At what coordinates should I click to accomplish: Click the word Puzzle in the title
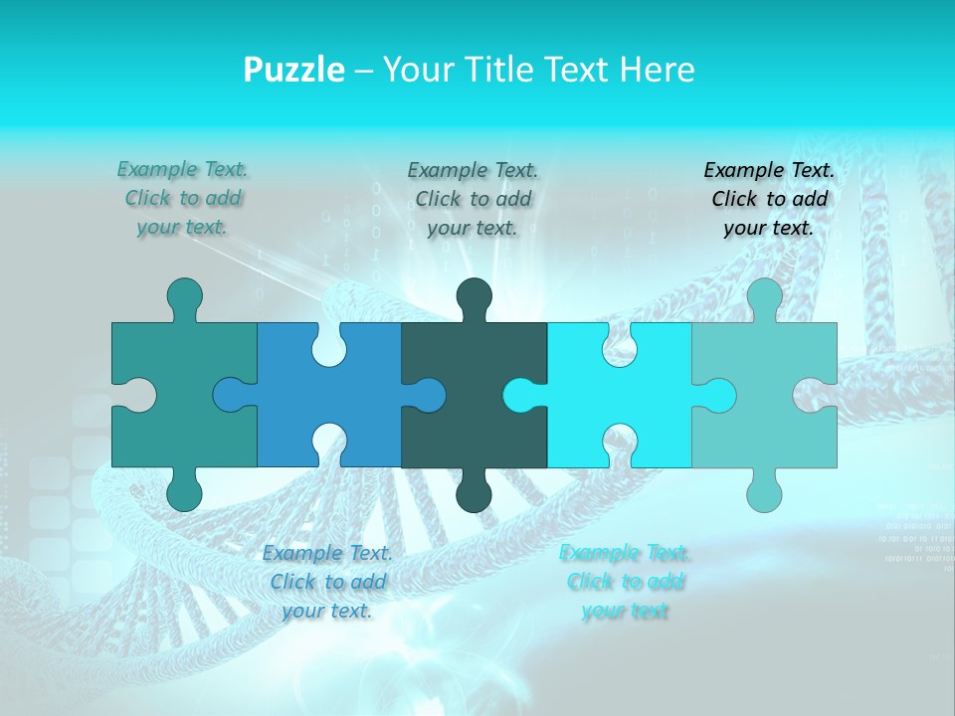click(x=294, y=70)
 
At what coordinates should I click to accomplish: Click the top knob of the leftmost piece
click(x=184, y=296)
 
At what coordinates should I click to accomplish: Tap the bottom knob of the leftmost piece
click(x=184, y=493)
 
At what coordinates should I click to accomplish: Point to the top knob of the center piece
click(x=475, y=296)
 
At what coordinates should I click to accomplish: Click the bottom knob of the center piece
click(x=475, y=493)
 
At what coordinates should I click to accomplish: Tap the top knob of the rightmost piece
click(x=764, y=296)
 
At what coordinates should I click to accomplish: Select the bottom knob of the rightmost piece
click(x=764, y=493)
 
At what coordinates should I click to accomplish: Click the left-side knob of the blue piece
click(x=231, y=395)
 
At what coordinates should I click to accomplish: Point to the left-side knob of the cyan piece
click(x=520, y=395)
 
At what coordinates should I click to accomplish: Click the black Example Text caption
click(x=769, y=199)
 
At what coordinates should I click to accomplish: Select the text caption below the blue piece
click(x=327, y=582)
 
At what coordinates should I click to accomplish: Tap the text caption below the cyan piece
click(x=625, y=582)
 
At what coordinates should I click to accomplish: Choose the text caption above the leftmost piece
click(x=182, y=198)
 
